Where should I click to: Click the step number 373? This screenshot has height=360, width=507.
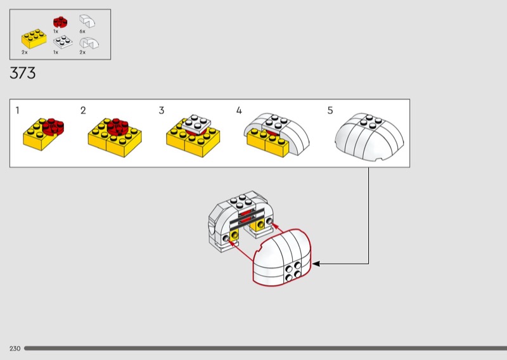pyautogui.click(x=23, y=74)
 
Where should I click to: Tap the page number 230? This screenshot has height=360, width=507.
pyautogui.click(x=15, y=349)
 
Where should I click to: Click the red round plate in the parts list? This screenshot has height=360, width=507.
pyautogui.click(x=60, y=22)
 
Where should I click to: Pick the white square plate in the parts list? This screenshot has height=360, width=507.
pyautogui.click(x=63, y=42)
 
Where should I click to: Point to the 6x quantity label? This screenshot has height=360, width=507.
pyautogui.click(x=82, y=31)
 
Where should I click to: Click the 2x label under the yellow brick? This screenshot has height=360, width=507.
pyautogui.click(x=25, y=52)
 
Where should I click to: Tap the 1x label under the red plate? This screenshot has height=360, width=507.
pyautogui.click(x=56, y=31)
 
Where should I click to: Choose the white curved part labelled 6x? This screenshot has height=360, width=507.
pyautogui.click(x=88, y=22)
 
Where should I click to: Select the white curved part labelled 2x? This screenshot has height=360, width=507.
pyautogui.click(x=88, y=43)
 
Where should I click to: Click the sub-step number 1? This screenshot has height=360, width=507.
pyautogui.click(x=18, y=110)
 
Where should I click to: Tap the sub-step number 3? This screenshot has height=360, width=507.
pyautogui.click(x=162, y=110)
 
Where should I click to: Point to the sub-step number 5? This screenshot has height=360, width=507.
pyautogui.click(x=330, y=110)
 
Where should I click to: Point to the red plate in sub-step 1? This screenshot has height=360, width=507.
pyautogui.click(x=55, y=125)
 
